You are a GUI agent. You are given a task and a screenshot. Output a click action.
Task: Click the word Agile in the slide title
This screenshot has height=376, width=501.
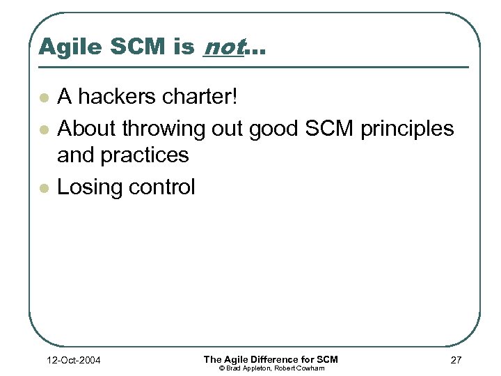(x=64, y=47)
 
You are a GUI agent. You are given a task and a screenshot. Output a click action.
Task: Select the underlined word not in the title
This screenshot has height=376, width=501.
(x=222, y=47)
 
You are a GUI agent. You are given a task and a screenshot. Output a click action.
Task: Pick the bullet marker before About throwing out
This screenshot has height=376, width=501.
(x=44, y=129)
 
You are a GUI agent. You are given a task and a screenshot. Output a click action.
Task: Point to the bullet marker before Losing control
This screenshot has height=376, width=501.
(x=44, y=187)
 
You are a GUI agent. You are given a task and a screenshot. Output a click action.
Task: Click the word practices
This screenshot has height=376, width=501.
(x=145, y=155)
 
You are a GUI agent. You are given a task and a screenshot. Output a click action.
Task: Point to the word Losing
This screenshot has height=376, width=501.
(x=87, y=187)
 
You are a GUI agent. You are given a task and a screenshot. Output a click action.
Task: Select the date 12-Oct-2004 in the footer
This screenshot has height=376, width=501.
(x=72, y=360)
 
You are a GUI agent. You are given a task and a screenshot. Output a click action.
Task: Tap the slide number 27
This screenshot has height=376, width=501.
(x=455, y=360)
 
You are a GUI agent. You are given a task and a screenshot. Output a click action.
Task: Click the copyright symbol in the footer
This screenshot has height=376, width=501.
(x=222, y=368)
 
